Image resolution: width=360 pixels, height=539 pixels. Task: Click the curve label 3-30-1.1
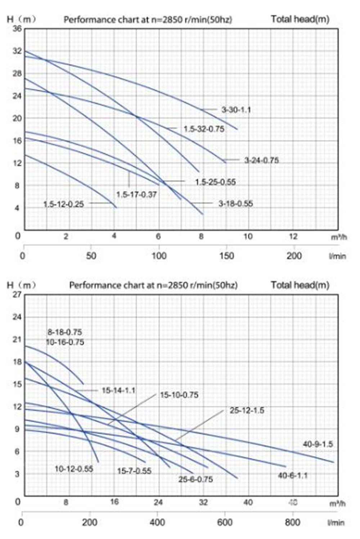click(x=236, y=110)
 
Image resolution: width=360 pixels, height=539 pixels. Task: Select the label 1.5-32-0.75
click(x=204, y=129)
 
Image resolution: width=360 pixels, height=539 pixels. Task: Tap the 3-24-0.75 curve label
click(x=261, y=160)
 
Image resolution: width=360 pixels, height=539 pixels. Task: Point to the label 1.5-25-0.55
click(x=215, y=182)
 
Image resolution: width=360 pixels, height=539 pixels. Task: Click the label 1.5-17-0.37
click(x=136, y=194)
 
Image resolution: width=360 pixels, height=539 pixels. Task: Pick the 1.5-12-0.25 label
click(x=63, y=204)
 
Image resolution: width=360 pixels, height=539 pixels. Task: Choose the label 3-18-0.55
click(x=236, y=204)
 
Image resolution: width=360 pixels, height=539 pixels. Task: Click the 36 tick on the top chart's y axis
click(x=17, y=28)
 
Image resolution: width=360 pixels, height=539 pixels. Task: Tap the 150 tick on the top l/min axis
click(x=226, y=256)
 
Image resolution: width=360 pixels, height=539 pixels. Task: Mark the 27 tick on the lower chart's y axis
click(x=17, y=295)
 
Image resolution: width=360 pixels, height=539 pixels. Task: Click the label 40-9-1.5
click(x=318, y=444)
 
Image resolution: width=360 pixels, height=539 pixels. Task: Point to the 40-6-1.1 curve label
click(x=293, y=476)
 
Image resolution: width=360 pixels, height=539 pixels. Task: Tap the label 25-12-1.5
click(x=247, y=410)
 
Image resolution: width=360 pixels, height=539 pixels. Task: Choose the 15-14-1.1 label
click(x=118, y=390)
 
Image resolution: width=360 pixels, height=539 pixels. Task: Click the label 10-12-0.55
click(x=74, y=469)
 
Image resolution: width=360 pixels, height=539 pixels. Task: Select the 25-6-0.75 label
click(x=195, y=479)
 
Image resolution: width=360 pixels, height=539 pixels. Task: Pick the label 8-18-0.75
click(x=65, y=332)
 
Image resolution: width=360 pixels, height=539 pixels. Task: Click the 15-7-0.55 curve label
click(x=134, y=471)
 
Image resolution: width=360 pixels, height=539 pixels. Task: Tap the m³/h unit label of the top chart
click(x=338, y=238)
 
